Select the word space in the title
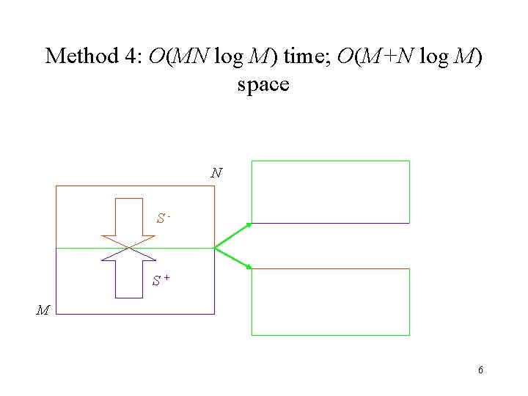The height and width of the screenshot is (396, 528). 263,84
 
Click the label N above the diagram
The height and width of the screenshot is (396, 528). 216,174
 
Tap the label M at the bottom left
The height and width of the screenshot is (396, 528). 43,310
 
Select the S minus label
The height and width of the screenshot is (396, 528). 163,218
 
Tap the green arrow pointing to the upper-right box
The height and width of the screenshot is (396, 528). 233,235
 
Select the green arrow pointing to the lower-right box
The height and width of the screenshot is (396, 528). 233,258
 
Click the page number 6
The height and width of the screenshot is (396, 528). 480,370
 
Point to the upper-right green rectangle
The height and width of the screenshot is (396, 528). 330,191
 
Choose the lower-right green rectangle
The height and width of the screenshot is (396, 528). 330,302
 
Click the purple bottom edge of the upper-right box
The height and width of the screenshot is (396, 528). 330,223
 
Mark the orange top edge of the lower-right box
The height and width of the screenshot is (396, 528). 330,269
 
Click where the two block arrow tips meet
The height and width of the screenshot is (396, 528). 129,248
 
